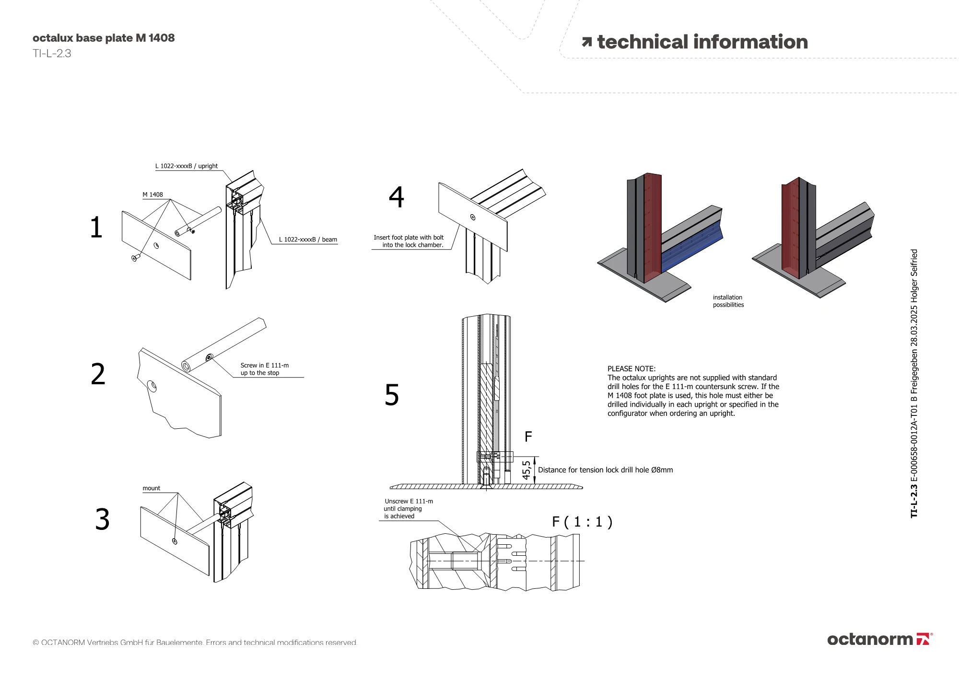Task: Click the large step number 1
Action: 96,227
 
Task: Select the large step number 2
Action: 98,374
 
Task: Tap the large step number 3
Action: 102,519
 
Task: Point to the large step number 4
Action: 397,197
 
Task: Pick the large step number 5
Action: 392,395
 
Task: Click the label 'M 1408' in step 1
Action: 152,195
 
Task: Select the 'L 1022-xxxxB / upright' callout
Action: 186,166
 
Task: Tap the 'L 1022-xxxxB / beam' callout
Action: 308,240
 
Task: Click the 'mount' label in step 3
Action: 151,488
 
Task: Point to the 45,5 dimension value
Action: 526,470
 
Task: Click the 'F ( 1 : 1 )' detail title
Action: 582,522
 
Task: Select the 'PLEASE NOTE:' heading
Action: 631,369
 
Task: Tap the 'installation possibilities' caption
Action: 728,301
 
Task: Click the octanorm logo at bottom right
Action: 879,639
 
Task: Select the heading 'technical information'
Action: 702,42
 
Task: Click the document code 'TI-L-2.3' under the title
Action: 52,54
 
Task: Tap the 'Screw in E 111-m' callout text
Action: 264,366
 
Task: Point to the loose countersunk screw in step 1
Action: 135,258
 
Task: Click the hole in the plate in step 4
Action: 473,218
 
